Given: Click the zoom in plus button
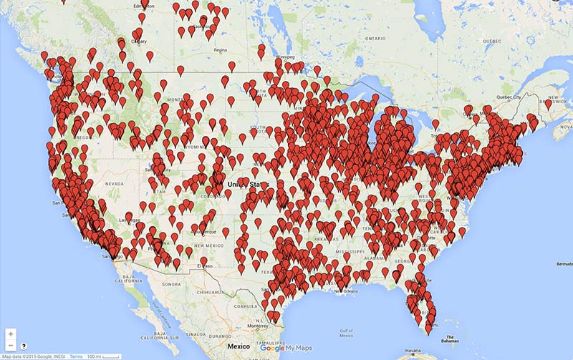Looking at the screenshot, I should (10, 334).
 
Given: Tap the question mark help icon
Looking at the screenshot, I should (24, 346).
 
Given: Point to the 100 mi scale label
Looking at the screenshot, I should (95, 356).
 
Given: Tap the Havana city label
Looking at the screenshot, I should (411, 352).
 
